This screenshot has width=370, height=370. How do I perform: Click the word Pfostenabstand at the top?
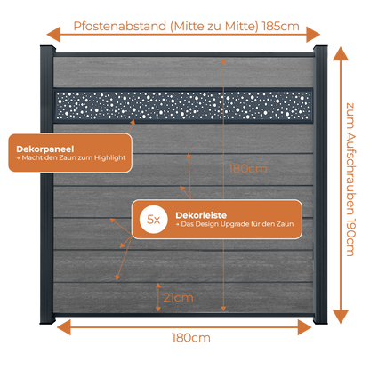pyautogui.click(x=120, y=26)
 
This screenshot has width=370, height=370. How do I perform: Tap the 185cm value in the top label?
pyautogui.click(x=281, y=26)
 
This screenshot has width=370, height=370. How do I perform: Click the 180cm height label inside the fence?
pyautogui.click(x=248, y=169)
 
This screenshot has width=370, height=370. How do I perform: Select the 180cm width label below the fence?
pyautogui.click(x=191, y=338)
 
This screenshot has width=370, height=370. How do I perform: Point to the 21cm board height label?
pyautogui.click(x=178, y=298)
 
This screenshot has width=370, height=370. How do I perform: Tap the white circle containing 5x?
pyautogui.click(x=154, y=220)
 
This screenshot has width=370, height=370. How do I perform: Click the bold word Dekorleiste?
pyautogui.click(x=201, y=215)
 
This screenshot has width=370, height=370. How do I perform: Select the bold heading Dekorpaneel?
pyautogui.click(x=45, y=149)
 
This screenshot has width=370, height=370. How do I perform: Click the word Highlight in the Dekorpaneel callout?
pyautogui.click(x=110, y=158)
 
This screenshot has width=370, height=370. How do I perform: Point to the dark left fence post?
pyautogui.click(x=47, y=184)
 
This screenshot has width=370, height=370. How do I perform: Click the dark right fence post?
pyautogui.click(x=320, y=184)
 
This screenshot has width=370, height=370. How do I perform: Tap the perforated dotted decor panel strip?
pyautogui.click(x=183, y=105)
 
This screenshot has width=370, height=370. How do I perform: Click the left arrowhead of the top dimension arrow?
pyautogui.click(x=53, y=35)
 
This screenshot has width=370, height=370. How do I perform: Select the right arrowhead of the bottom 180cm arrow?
pyautogui.click(x=304, y=327)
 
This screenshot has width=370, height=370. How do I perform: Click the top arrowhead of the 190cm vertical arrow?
pyautogui.click(x=341, y=53)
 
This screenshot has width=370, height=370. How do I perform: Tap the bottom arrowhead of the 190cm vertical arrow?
pyautogui.click(x=341, y=317)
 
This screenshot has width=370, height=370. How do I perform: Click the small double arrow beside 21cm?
pyautogui.click(x=158, y=297)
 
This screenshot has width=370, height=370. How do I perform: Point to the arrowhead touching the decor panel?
pyautogui.click(x=133, y=122)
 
